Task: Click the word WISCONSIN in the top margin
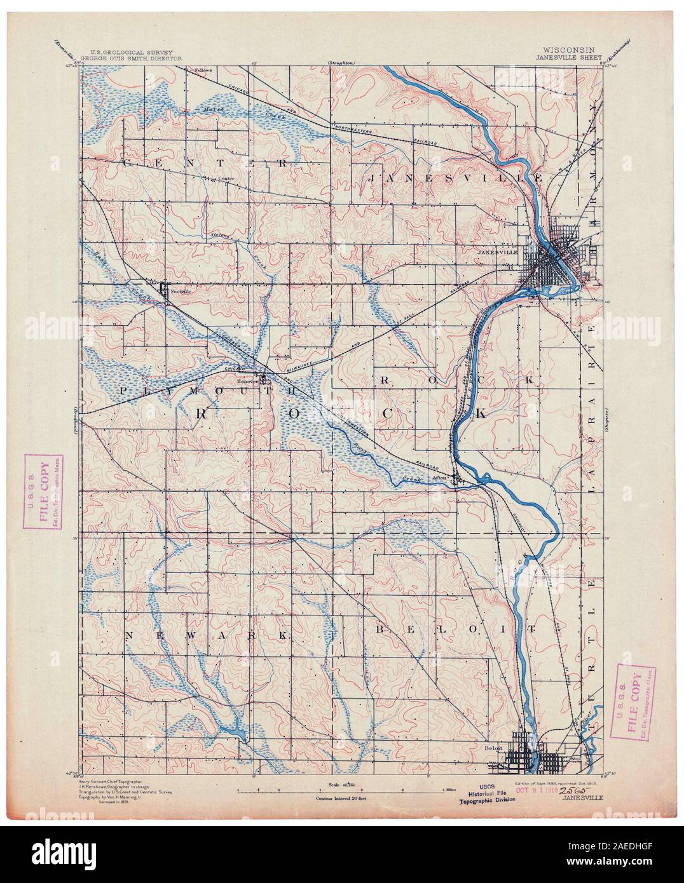[568, 49]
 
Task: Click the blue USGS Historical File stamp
[485, 794]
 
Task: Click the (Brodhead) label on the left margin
[74, 419]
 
